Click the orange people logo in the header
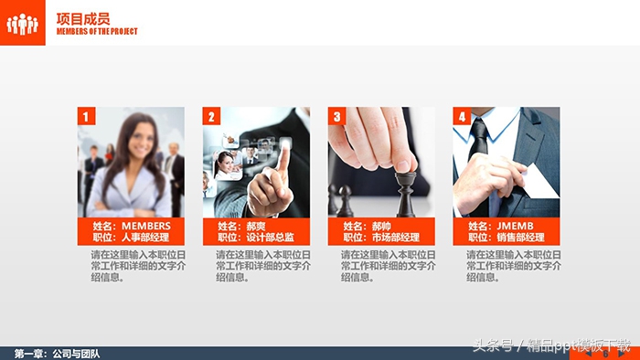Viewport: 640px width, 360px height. [23, 23]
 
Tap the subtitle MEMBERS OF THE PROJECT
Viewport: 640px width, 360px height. [97, 31]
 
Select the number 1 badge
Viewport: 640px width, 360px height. [86, 116]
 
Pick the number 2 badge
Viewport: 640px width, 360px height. [211, 116]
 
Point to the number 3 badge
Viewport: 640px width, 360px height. [336, 116]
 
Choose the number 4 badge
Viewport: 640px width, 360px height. [462, 116]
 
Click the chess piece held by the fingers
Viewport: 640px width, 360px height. [405, 181]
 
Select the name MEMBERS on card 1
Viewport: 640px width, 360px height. [146, 226]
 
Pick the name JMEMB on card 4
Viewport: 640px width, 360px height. [515, 226]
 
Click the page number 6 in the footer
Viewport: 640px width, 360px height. [604, 354]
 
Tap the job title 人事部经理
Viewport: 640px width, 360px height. [145, 238]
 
